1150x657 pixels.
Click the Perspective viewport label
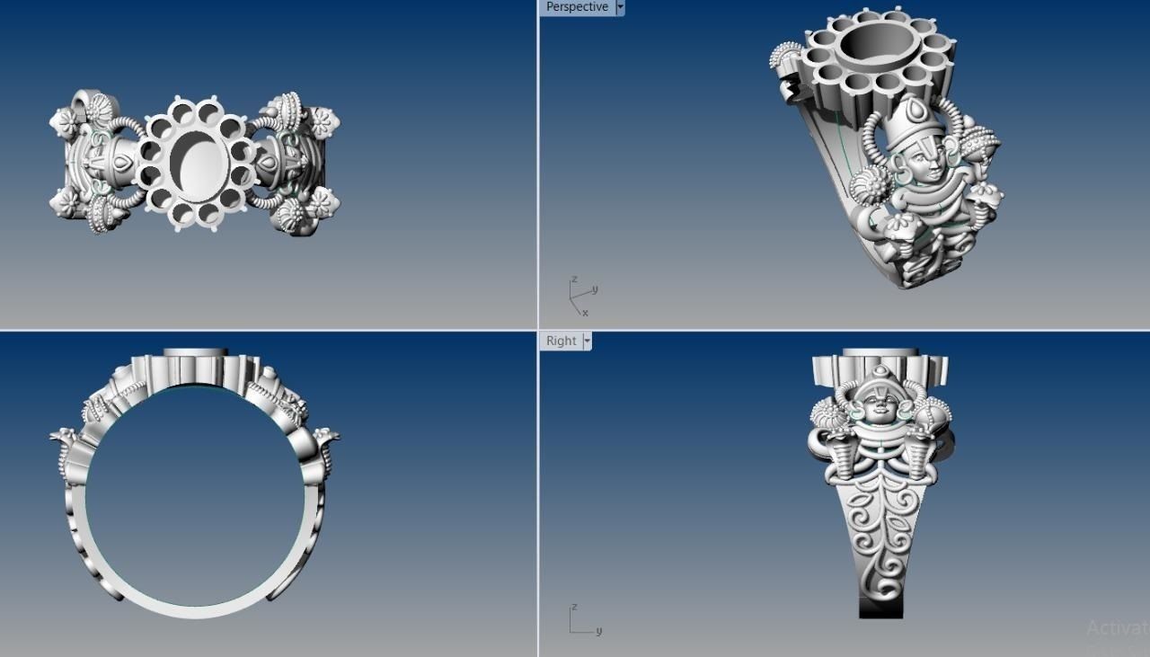[577, 7]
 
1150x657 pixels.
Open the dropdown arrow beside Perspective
[620, 7]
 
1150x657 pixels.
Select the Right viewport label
[561, 341]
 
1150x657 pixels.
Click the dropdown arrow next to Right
[587, 341]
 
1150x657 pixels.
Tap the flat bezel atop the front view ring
[195, 351]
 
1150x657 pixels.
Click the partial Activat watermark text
[1117, 628]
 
